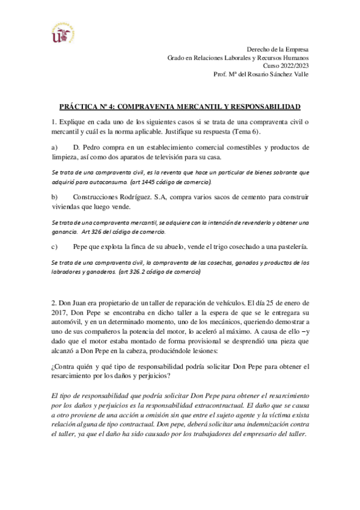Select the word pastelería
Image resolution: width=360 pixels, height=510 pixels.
click(x=290, y=247)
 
